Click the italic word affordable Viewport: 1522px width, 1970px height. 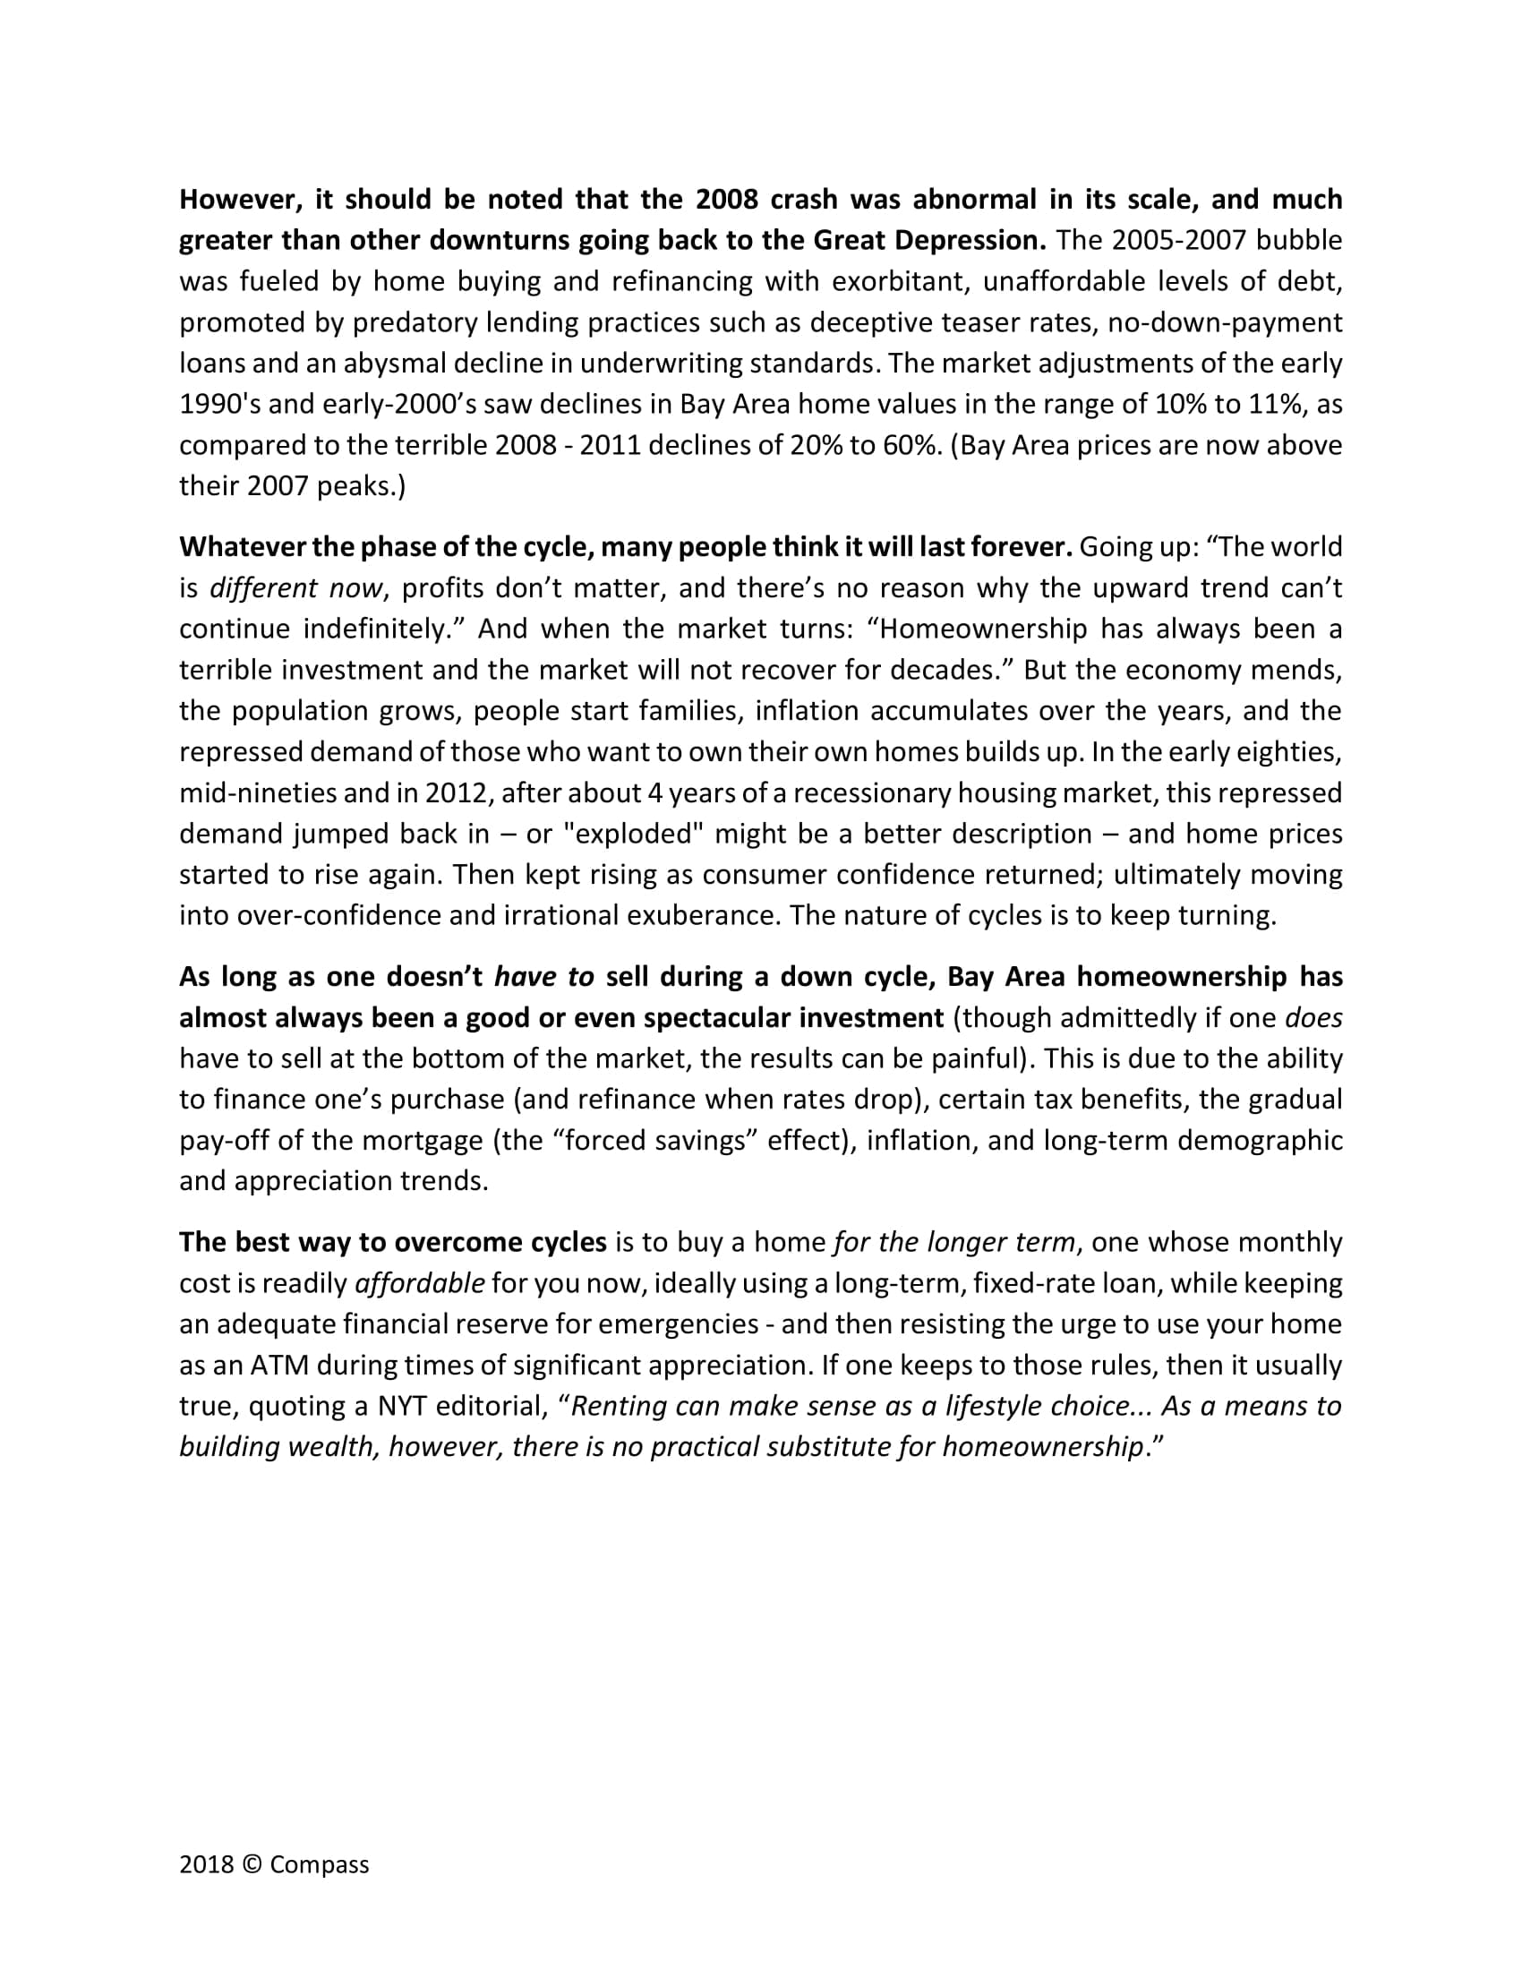pos(420,1282)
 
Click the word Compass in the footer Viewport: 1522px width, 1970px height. pos(320,1864)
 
